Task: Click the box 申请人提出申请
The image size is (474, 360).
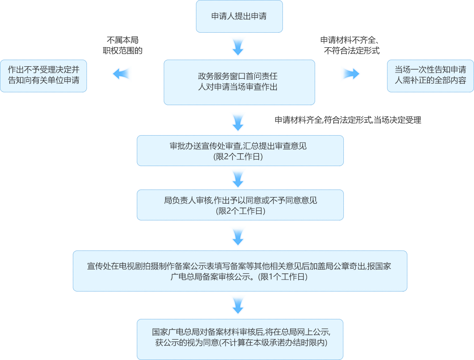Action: [239, 17]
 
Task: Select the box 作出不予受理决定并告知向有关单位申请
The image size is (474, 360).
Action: [43, 76]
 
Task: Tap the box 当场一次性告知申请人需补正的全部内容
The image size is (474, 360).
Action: [430, 76]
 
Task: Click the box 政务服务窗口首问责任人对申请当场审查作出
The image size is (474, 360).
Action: [239, 82]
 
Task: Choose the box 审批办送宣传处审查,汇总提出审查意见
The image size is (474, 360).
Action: [240, 150]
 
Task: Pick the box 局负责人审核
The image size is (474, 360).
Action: [240, 205]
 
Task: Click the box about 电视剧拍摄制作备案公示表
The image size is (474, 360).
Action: [240, 271]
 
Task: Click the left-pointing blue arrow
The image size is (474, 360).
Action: [122, 74]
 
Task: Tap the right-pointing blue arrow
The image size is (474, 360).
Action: [350, 74]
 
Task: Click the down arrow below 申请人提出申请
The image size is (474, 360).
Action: [238, 46]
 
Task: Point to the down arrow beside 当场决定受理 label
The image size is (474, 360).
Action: [238, 121]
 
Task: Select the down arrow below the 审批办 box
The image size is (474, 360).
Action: [238, 178]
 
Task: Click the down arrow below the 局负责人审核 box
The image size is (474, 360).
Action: [238, 236]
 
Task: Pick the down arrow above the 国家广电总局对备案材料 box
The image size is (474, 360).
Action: [238, 305]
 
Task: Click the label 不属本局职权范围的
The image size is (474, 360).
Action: [122, 45]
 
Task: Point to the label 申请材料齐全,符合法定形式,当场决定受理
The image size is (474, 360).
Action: [348, 120]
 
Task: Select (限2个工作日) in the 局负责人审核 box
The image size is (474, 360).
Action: [240, 211]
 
